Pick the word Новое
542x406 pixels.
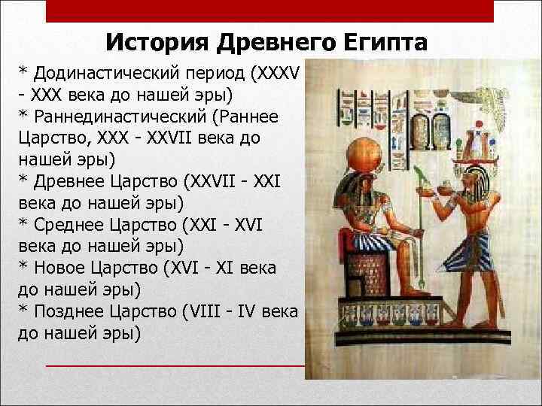[x=62, y=268]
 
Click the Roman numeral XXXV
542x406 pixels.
[x=279, y=74]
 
